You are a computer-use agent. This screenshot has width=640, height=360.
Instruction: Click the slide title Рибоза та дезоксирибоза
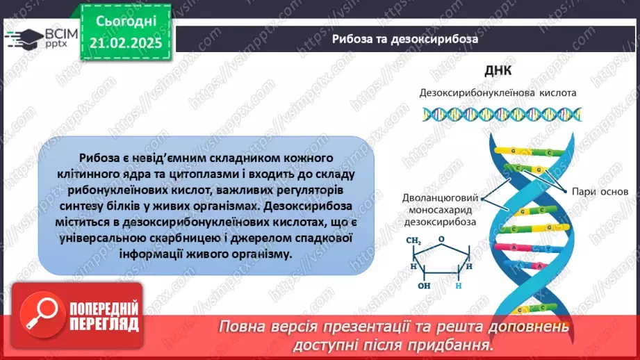click(x=405, y=39)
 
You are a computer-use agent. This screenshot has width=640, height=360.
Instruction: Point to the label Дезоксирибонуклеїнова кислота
click(x=497, y=92)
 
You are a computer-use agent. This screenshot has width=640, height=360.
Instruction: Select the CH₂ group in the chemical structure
click(x=415, y=241)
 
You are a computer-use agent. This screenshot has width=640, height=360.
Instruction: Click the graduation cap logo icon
click(x=22, y=38)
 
